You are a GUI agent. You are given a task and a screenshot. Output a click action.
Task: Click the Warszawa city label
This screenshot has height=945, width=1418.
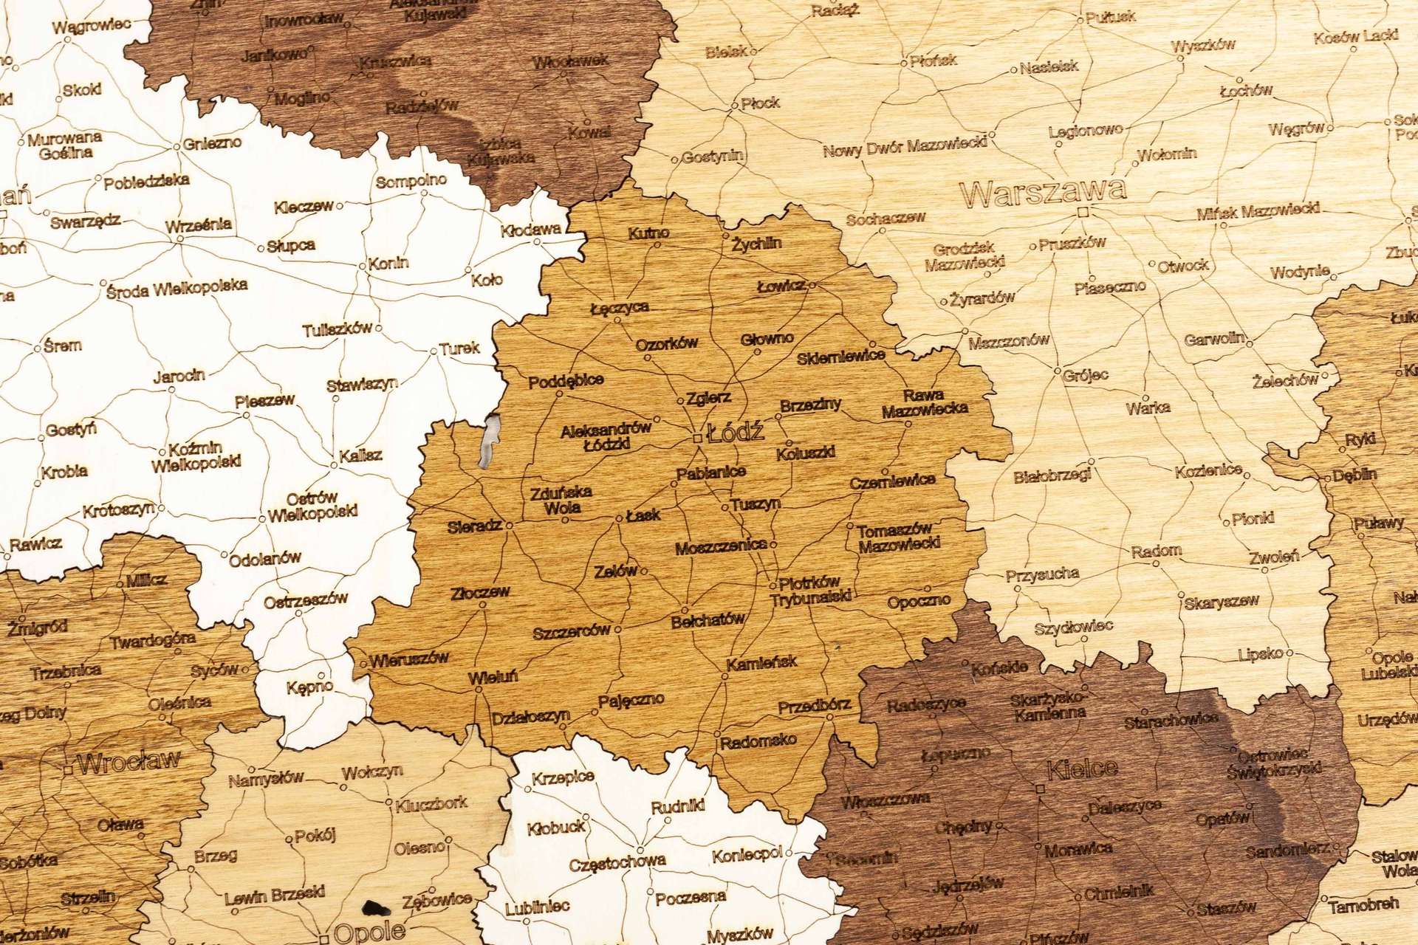[x=1043, y=192]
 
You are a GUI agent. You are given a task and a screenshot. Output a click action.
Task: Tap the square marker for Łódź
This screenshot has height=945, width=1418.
[x=698, y=439]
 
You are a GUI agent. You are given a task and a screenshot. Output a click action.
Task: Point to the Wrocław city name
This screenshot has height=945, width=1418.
[x=128, y=762]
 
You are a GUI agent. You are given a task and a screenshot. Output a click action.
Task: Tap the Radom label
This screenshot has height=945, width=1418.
[x=1156, y=551]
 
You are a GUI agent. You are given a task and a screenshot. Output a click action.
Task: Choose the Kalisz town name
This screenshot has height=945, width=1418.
[x=360, y=456]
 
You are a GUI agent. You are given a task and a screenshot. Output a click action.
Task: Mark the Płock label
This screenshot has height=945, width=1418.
[x=760, y=103]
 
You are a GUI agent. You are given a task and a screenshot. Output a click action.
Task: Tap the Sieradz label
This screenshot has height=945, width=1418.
[x=475, y=527]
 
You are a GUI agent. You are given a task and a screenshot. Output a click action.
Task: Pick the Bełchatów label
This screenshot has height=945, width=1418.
[x=708, y=622]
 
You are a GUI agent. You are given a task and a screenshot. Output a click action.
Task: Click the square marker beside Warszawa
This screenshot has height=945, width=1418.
[x=1083, y=212]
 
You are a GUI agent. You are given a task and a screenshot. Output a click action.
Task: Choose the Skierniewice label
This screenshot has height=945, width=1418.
[x=841, y=357]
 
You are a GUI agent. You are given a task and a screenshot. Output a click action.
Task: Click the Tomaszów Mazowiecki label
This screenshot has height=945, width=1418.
[x=898, y=537]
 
